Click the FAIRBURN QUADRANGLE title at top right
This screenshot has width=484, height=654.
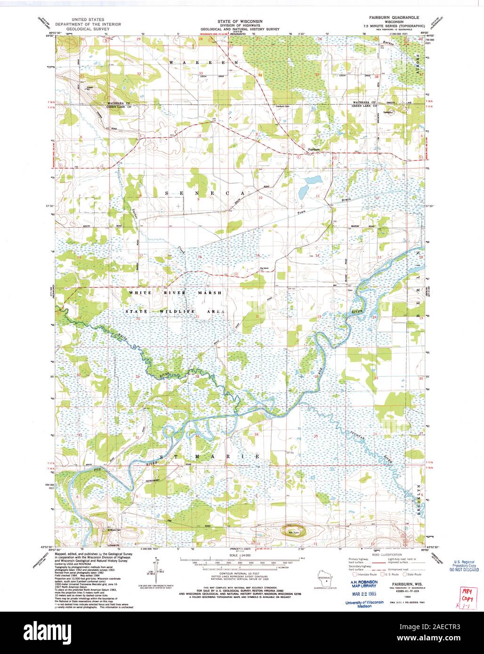tap(395, 22)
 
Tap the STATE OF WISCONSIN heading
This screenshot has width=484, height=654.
tap(241, 22)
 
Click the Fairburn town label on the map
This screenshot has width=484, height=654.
tap(314, 150)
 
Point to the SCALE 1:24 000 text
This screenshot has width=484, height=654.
tap(240, 555)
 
